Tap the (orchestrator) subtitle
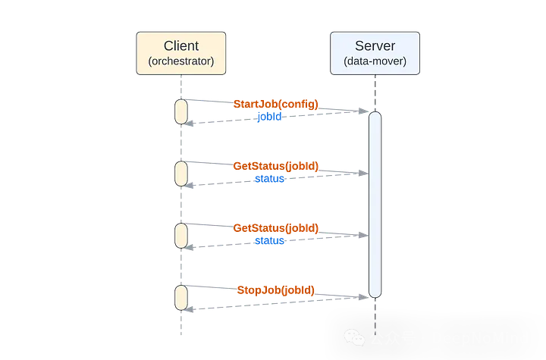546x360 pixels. (180, 61)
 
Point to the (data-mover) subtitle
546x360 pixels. (375, 61)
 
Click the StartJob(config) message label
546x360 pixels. (275, 104)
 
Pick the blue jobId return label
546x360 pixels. (269, 117)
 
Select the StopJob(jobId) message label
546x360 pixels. (275, 290)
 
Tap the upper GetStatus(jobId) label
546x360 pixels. (275, 166)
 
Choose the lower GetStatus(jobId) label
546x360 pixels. (275, 228)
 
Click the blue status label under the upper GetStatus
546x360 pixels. (269, 179)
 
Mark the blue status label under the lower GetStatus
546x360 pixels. (269, 241)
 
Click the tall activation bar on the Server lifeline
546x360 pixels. (375, 205)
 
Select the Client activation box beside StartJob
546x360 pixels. (181, 111)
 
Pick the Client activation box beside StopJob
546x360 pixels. (181, 297)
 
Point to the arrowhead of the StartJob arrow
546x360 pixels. (365, 111)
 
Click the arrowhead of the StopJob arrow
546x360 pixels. (365, 298)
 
